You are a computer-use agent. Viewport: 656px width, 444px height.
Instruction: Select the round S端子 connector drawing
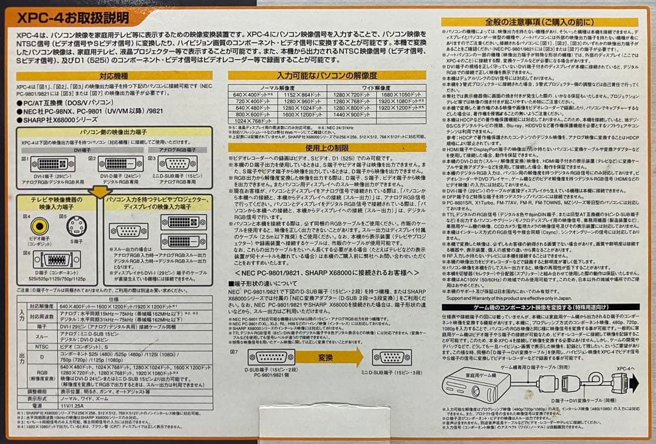(x=76, y=227)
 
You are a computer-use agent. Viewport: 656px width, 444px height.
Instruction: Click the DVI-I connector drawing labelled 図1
(x=53, y=163)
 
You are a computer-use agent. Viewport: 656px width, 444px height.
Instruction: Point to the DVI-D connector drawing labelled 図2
(x=121, y=163)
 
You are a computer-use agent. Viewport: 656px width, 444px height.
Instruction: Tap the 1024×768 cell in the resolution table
(x=253, y=121)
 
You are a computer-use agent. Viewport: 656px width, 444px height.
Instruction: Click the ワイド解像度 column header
(x=375, y=87)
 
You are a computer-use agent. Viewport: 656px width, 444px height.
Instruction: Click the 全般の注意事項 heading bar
(x=539, y=22)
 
